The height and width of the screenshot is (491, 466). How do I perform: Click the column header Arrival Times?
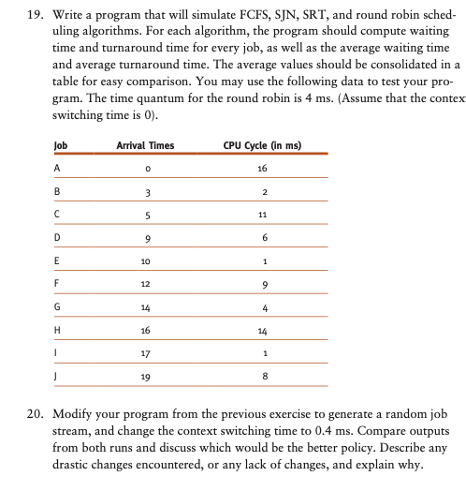click(144, 145)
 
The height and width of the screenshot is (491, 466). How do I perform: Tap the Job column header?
click(61, 145)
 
